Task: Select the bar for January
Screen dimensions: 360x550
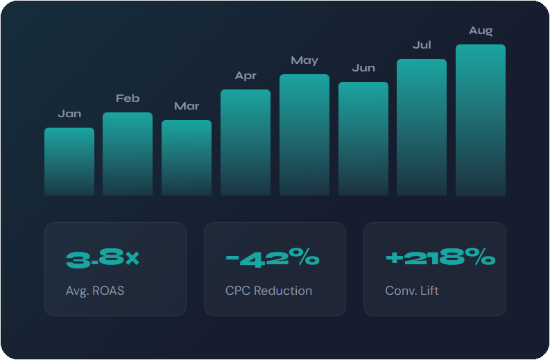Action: [69, 162]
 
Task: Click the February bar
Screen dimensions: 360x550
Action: [128, 154]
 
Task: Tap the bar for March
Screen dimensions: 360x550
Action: [187, 157]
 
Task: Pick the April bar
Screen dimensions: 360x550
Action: [246, 142]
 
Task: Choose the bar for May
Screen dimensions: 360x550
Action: [304, 135]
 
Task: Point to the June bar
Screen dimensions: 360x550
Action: [363, 139]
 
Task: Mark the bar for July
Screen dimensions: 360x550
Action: [422, 127]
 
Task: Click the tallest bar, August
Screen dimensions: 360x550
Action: [481, 120]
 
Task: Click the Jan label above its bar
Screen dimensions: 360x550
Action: [69, 113]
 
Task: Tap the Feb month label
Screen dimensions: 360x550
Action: [128, 98]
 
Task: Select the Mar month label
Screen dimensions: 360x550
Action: [187, 106]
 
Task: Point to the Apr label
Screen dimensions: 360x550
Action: [246, 76]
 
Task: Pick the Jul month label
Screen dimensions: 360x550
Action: [422, 45]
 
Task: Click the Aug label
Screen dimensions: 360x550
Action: [481, 31]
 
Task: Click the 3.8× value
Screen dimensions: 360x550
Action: [103, 259]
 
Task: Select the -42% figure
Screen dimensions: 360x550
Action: [273, 259]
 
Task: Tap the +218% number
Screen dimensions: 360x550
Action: [440, 259]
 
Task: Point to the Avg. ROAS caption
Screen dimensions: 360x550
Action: [95, 291]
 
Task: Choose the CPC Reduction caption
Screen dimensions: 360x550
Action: [268, 291]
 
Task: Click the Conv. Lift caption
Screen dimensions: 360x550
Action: [412, 291]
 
